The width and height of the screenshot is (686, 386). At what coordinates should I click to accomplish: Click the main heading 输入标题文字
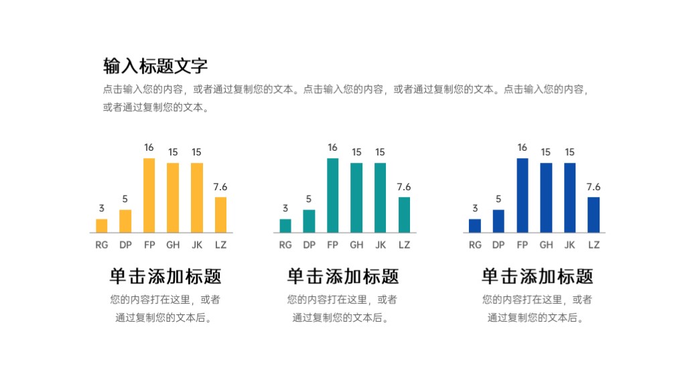pyautogui.click(x=155, y=66)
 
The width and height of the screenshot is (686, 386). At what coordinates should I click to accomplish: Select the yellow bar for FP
pyautogui.click(x=149, y=195)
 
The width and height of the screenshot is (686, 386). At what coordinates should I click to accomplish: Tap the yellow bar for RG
pyautogui.click(x=102, y=226)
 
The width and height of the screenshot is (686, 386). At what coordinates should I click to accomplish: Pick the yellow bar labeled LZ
pyautogui.click(x=220, y=214)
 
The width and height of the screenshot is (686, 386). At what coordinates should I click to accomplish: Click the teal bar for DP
pyautogui.click(x=309, y=221)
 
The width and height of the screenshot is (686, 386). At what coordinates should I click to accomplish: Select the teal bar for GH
pyautogui.click(x=356, y=198)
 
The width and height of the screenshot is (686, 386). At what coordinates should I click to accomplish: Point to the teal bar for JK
pyautogui.click(x=380, y=198)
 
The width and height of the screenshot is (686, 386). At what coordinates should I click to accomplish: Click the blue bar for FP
pyautogui.click(x=523, y=195)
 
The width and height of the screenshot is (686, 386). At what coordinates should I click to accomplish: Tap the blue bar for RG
pyautogui.click(x=475, y=226)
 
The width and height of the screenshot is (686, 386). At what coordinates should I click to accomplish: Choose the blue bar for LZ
pyautogui.click(x=594, y=214)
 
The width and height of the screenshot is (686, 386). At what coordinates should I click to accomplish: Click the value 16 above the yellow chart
pyautogui.click(x=149, y=147)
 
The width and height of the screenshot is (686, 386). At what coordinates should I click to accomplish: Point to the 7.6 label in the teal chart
pyautogui.click(x=404, y=187)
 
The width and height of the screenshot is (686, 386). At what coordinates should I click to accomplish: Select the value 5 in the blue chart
pyautogui.click(x=498, y=199)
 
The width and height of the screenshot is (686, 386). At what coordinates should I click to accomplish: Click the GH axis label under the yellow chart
pyautogui.click(x=173, y=245)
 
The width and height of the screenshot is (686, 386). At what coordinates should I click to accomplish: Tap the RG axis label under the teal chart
pyautogui.click(x=285, y=245)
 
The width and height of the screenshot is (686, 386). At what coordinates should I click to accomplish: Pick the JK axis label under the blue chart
pyautogui.click(x=570, y=245)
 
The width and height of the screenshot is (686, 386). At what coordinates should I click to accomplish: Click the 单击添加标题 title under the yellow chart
pyautogui.click(x=165, y=276)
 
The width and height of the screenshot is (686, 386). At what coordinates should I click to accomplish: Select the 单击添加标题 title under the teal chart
pyautogui.click(x=343, y=276)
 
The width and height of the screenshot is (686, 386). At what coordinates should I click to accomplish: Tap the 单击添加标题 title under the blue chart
pyautogui.click(x=537, y=276)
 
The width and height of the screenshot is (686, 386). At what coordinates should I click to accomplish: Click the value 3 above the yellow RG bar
pyautogui.click(x=102, y=208)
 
